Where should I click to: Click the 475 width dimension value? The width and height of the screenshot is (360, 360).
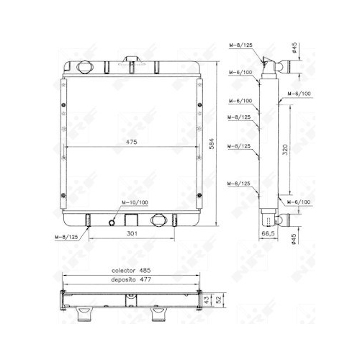point(132,142)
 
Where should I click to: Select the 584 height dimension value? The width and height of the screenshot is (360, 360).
point(212,143)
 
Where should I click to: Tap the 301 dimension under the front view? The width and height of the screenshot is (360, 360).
point(132,233)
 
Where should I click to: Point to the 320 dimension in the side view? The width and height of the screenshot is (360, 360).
point(285,150)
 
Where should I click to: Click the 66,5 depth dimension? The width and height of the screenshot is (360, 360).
point(268,233)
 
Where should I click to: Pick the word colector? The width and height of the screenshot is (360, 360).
point(123,271)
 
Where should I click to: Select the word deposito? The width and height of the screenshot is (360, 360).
point(123,280)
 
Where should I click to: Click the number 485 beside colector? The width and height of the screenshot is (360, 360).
point(145,271)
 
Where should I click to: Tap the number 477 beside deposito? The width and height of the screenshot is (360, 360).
point(145,279)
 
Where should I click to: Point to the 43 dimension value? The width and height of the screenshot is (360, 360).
point(207,300)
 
